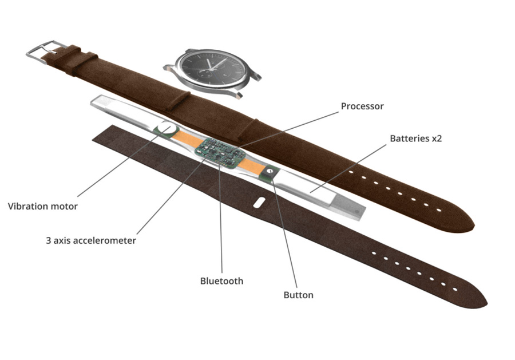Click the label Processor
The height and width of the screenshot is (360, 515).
pos(362,106)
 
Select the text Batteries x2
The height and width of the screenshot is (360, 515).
pos(415,139)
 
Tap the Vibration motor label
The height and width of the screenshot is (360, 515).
pos(43,206)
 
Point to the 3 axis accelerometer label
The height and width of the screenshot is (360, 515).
pos(91,241)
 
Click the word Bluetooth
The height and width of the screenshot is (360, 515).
pos(221,281)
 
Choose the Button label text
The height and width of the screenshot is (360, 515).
pos(299,295)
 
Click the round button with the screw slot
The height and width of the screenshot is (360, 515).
pos(269,171)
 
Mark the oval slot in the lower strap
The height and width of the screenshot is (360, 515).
pos(259,202)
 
